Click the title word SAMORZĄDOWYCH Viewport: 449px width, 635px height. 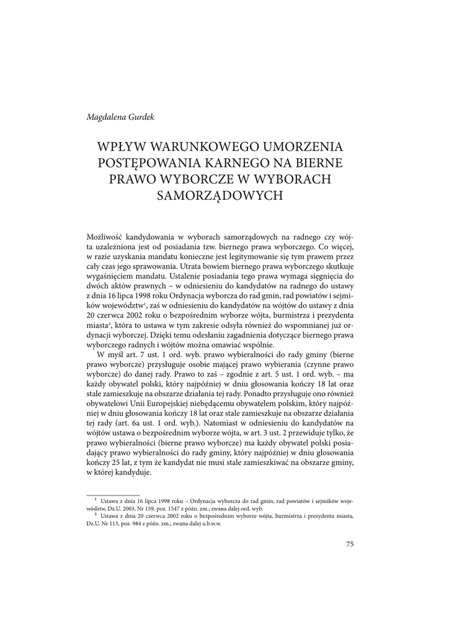224,195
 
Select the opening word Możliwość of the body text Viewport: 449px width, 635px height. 105,237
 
